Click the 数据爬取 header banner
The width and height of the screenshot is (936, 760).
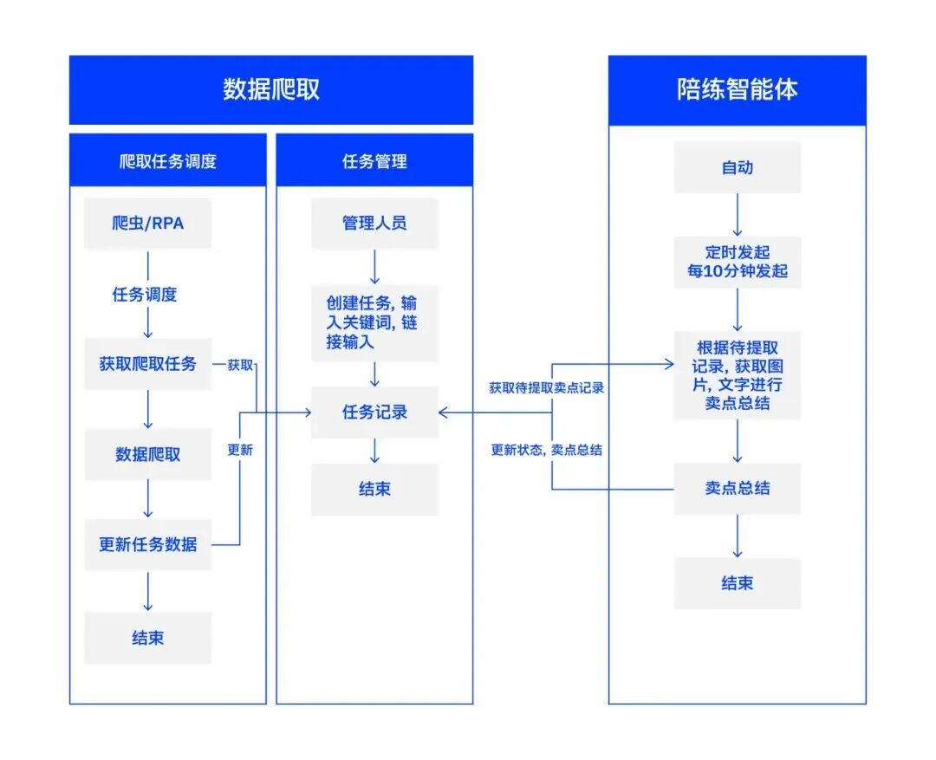point(271,90)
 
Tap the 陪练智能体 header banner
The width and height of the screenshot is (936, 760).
point(737,90)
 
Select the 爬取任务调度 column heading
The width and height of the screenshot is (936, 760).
point(167,161)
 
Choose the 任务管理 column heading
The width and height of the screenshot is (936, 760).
point(374,161)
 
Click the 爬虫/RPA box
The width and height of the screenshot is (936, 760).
point(147,224)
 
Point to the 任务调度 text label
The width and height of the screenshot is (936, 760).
point(145,295)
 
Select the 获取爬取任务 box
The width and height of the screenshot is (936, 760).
point(147,364)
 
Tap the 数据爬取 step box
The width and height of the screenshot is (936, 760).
point(147,455)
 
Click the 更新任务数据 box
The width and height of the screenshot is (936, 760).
point(147,545)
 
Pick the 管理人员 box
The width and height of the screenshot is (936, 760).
point(374,224)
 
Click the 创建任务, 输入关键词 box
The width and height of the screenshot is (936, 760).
point(374,323)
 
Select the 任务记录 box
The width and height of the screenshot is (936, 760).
point(374,412)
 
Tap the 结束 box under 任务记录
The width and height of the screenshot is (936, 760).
point(374,490)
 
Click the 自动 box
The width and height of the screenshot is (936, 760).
point(738,167)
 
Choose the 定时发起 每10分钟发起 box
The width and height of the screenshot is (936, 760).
point(738,263)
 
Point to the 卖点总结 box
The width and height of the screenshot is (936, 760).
point(738,489)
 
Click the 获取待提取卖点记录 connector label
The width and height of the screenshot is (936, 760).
point(546,388)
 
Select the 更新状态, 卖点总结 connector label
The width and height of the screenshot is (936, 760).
point(546,450)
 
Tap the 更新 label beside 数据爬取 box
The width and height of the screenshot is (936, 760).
point(240,450)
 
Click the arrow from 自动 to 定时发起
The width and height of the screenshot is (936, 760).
point(738,214)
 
